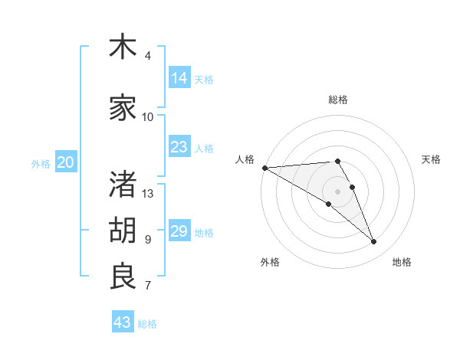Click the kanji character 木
123,47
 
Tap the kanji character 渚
123,184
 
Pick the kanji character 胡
123,230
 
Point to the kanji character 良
123,276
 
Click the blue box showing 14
179,78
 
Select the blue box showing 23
179,147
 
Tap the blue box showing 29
179,231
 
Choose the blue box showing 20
66,162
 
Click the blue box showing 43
123,322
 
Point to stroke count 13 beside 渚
148,194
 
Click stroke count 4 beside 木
148,56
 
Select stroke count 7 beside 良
148,286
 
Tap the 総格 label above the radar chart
338,100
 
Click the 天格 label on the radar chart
431,159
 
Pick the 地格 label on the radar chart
402,262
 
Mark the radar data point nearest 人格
264,167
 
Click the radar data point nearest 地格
374,242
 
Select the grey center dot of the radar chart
337,191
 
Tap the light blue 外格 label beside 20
41,163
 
